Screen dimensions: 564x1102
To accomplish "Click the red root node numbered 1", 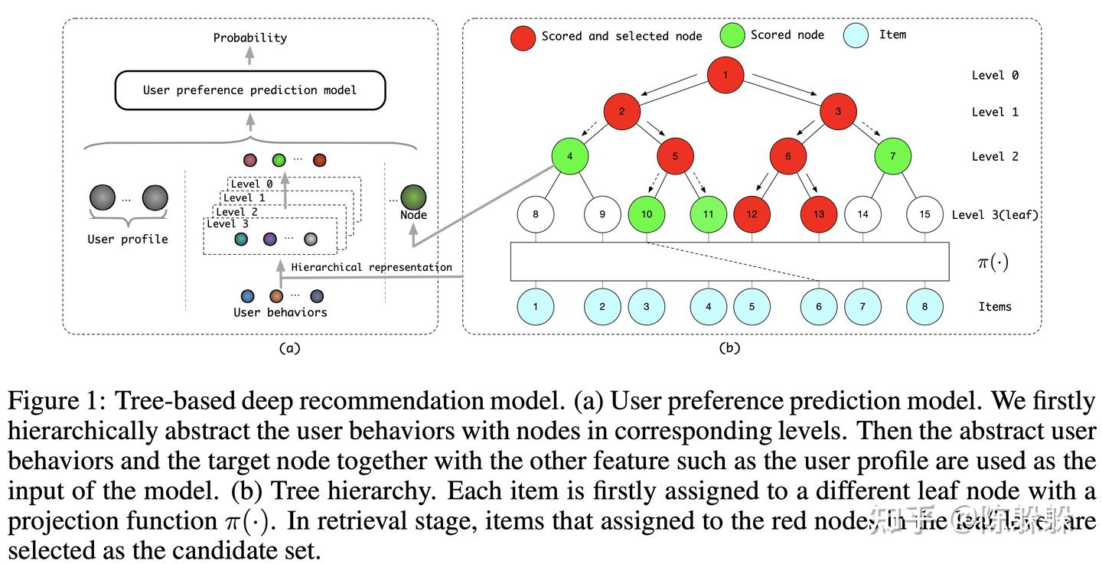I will click(725, 75).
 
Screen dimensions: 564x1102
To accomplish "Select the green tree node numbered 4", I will click(569, 156).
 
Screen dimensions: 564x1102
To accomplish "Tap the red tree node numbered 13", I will click(819, 214).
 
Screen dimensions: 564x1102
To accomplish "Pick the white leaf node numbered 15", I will click(924, 214).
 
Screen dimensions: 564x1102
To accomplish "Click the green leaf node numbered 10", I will click(647, 214).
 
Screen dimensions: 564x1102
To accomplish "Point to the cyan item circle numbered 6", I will click(819, 306).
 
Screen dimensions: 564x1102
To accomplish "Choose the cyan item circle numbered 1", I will click(536, 306).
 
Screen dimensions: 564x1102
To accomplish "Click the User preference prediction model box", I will click(249, 90).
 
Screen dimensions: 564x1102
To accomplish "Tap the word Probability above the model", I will click(249, 37).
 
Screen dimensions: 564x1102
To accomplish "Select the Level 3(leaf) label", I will click(995, 214).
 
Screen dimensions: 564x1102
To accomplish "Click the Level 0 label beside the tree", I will click(995, 75).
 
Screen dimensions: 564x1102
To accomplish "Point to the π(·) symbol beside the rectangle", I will click(993, 262).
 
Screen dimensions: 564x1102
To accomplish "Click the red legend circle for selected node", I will click(523, 36).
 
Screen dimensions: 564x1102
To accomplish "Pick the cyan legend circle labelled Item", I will click(856, 35).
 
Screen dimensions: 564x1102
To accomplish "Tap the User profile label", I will click(128, 239).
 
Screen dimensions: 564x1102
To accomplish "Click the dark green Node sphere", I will click(413, 197).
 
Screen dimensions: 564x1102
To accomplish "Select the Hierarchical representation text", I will click(371, 267).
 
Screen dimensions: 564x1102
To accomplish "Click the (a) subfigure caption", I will click(289, 348).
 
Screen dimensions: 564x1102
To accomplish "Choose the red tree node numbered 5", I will click(675, 156).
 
